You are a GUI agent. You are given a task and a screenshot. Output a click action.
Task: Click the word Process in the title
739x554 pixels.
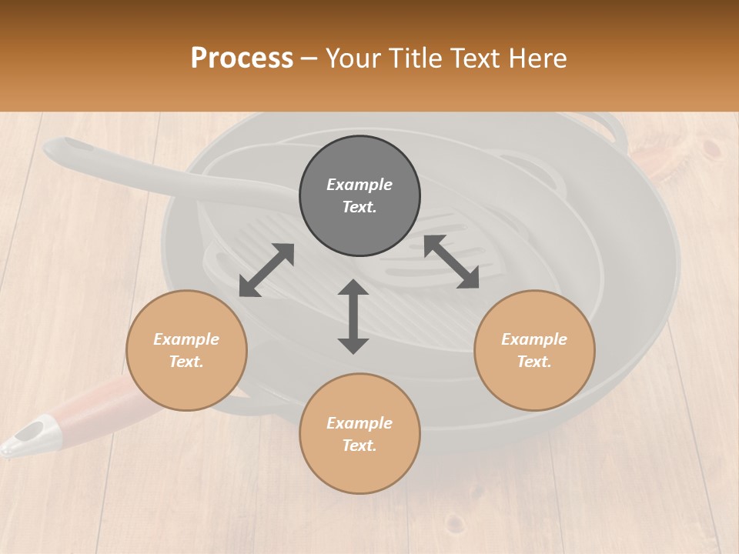point(242,58)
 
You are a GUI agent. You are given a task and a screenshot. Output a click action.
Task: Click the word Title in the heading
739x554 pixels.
point(414,58)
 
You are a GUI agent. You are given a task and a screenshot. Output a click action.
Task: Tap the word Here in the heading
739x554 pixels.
point(537,58)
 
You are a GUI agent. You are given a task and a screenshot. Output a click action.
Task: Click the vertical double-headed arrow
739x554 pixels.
point(353,316)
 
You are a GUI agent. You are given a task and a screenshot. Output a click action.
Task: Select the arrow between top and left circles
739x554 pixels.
point(266,270)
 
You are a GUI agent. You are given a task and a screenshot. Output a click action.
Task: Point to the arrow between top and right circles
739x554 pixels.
point(451,262)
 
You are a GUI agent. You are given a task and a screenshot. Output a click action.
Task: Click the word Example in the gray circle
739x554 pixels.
point(359,185)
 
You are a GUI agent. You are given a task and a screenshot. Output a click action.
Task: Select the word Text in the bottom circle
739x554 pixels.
point(359,446)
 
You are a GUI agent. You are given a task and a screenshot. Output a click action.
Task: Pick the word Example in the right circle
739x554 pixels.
point(534,339)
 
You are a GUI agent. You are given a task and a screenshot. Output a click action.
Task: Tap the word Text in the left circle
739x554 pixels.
point(186,362)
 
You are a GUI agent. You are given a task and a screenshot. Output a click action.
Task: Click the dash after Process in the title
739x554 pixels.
point(309,58)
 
